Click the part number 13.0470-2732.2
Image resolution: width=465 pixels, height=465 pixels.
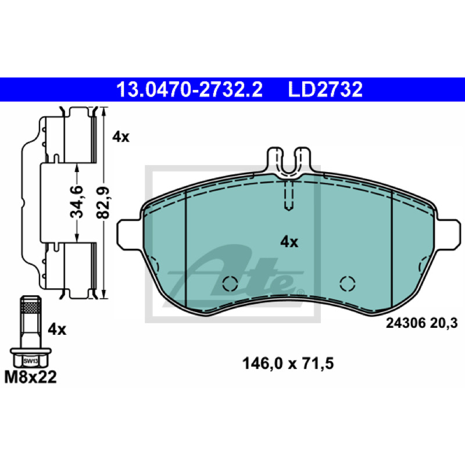[189, 90]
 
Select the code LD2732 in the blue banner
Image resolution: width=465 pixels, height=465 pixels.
[325, 90]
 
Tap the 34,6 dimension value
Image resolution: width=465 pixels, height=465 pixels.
[77, 202]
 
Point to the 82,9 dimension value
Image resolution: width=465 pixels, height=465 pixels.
[103, 202]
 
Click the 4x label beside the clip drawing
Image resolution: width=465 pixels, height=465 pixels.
[121, 137]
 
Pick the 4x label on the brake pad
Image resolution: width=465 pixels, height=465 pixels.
[289, 242]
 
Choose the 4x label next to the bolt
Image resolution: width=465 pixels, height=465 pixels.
[57, 330]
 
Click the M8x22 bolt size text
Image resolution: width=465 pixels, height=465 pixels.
[30, 377]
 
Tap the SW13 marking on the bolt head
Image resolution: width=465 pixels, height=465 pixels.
[31, 361]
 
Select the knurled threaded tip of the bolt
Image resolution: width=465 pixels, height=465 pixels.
[31, 305]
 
